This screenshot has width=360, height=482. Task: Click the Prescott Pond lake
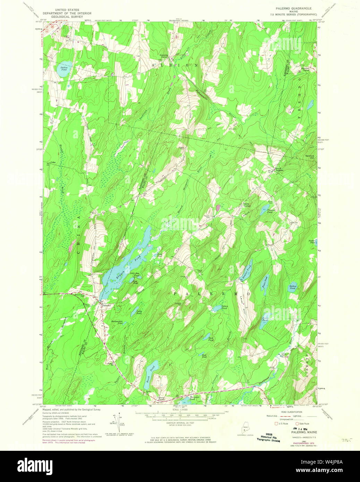click(265, 208)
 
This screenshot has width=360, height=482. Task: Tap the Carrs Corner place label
click(247, 205)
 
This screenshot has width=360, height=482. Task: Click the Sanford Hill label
click(309, 156)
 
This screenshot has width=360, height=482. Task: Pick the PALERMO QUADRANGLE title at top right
click(293, 8)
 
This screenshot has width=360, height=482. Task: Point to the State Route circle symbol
click(297, 423)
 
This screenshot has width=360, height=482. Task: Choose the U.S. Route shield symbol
click(276, 423)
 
